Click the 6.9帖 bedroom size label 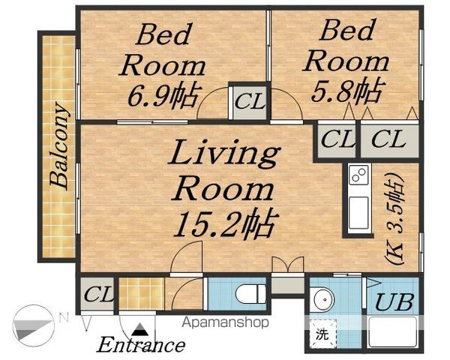(x=163, y=95)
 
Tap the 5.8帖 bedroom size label (x=347, y=91)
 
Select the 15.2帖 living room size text (x=226, y=224)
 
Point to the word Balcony (x=60, y=145)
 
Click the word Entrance (x=141, y=345)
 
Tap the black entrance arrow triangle (x=139, y=329)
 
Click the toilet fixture (x=250, y=294)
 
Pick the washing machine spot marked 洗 (x=322, y=334)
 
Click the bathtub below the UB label (x=392, y=331)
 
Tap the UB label (x=394, y=302)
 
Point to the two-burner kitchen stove (x=358, y=175)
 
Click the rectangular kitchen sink (x=358, y=213)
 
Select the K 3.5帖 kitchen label (x=394, y=218)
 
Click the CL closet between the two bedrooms (x=250, y=102)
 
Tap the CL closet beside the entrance (x=97, y=294)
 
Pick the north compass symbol (x=34, y=325)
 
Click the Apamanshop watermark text (x=226, y=322)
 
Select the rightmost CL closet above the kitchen (x=389, y=139)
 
